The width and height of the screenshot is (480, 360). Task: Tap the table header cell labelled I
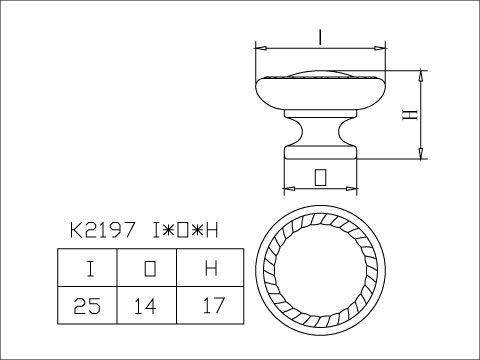(x=89, y=268)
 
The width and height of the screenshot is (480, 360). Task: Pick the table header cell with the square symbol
(x=148, y=268)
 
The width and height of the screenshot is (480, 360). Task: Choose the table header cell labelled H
(x=209, y=268)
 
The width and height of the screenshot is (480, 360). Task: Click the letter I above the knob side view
(x=318, y=37)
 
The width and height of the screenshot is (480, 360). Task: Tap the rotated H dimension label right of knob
(x=408, y=114)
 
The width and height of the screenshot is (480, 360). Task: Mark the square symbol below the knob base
(x=320, y=177)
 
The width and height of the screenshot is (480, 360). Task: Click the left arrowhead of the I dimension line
(x=259, y=47)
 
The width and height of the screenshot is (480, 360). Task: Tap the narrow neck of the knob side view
(x=320, y=130)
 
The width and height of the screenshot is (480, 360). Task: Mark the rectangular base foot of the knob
(x=320, y=151)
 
